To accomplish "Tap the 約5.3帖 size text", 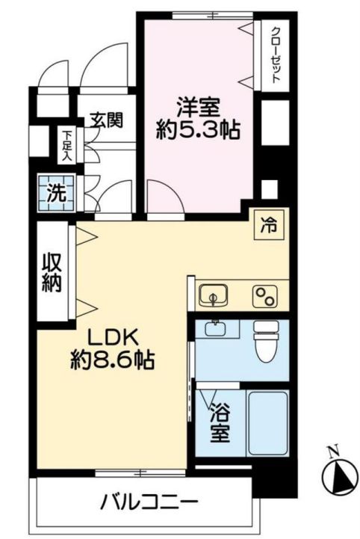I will pyautogui.click(x=198, y=132).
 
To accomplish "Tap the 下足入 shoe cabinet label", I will pyautogui.click(x=66, y=146).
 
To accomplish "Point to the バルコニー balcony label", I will pyautogui.click(x=149, y=502).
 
